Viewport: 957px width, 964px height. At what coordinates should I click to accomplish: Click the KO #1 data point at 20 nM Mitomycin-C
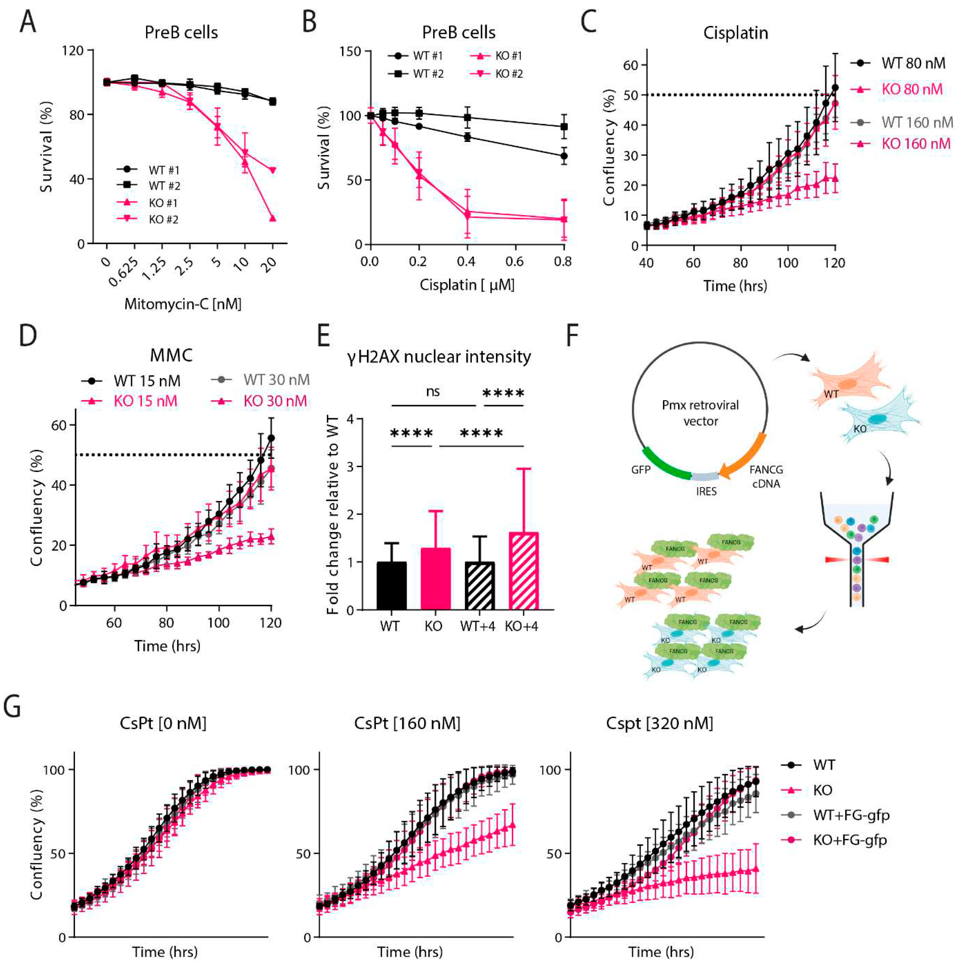[x=272, y=218]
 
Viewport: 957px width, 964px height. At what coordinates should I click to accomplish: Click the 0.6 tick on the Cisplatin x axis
[x=514, y=262]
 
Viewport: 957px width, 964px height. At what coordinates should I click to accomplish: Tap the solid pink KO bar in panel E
[x=436, y=579]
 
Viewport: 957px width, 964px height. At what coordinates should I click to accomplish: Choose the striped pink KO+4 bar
[x=523, y=571]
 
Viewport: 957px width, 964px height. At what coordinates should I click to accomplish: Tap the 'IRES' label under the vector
[x=706, y=492]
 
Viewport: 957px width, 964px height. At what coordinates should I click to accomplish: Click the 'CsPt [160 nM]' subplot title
[x=407, y=723]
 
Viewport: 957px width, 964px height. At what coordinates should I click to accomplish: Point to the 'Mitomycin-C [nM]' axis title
[x=183, y=304]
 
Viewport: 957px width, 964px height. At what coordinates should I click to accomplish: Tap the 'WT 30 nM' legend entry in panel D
[x=276, y=380]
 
